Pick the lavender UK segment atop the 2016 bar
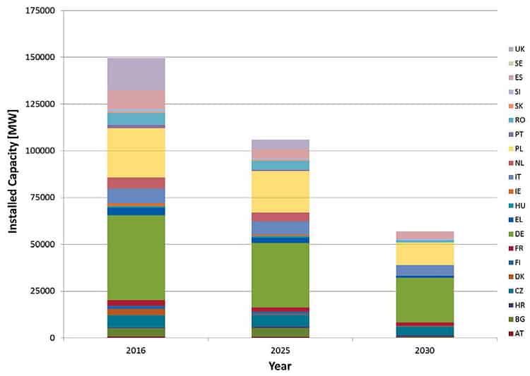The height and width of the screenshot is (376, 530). pos(136,74)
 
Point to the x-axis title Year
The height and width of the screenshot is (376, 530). pos(280,366)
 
